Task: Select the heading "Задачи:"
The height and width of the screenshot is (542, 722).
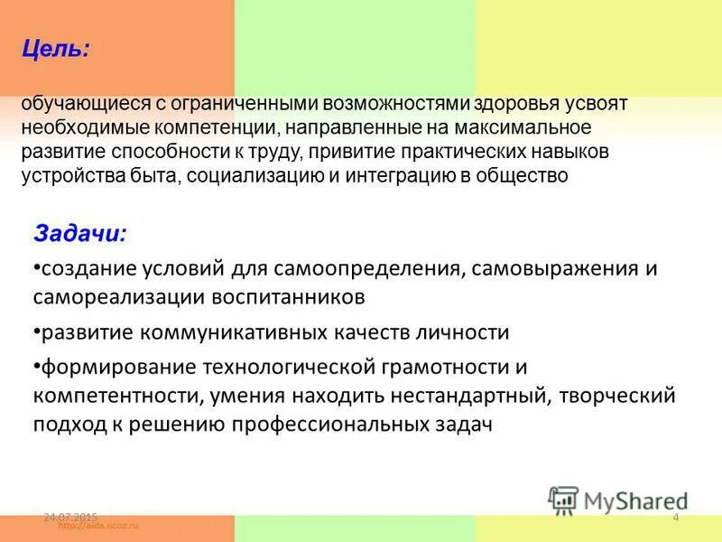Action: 80,233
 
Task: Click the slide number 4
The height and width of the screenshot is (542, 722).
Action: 676,517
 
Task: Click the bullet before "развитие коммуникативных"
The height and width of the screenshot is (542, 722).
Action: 35,331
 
